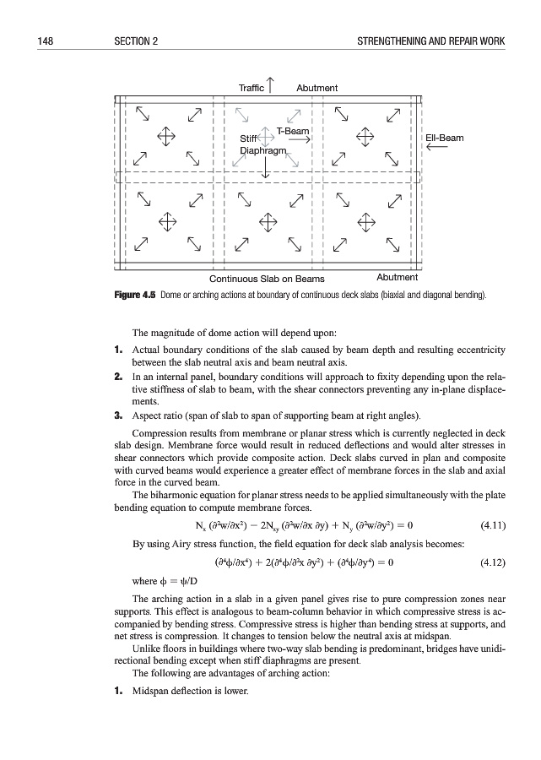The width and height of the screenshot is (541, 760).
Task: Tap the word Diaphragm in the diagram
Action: [265, 150]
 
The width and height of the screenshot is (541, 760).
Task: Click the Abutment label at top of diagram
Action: [317, 88]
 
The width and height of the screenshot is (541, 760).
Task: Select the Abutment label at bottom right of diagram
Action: [397, 277]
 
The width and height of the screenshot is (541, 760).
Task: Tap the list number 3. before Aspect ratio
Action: [119, 415]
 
